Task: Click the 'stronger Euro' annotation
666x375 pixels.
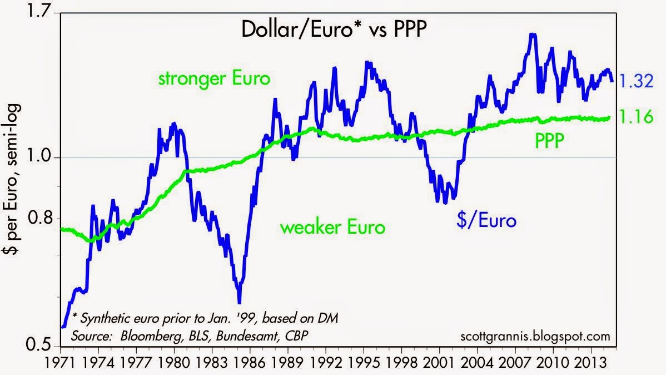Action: tap(214, 78)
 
